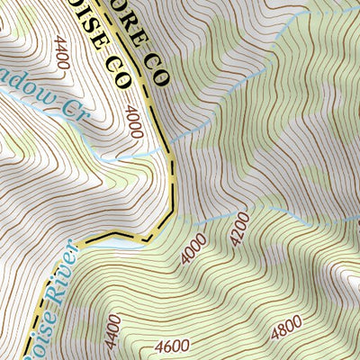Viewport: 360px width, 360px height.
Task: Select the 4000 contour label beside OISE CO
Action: click(134, 122)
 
